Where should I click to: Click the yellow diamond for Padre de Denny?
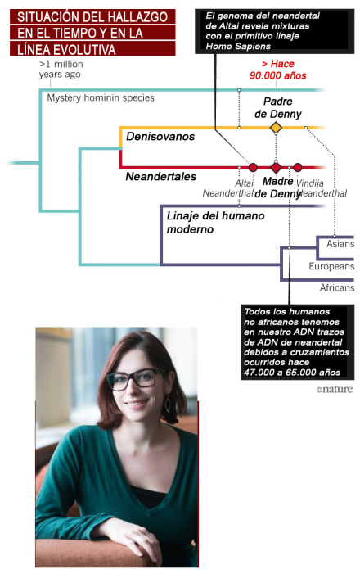276,128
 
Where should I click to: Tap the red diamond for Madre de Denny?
276,167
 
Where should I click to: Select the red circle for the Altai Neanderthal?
253,167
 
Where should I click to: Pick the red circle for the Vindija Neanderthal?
297,167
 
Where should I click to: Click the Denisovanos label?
160,137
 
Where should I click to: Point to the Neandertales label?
161,176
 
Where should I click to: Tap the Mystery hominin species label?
101,97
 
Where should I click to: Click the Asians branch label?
340,244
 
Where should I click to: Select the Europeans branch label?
331,266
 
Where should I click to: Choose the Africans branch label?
337,287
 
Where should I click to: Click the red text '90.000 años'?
278,75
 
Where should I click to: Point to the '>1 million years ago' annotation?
61,69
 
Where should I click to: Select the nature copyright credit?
335,389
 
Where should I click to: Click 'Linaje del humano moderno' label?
215,223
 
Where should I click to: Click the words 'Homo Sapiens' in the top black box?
238,46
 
